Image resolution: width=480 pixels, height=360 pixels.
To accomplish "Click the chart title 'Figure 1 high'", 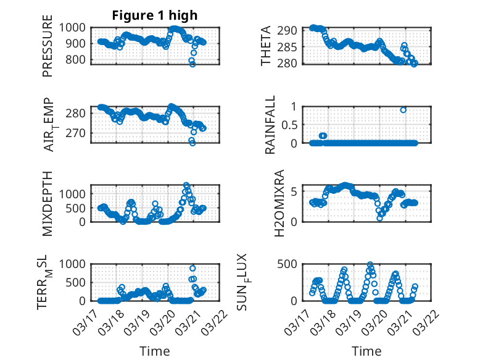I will point(154,15).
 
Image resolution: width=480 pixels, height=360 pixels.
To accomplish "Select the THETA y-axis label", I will point(266,45).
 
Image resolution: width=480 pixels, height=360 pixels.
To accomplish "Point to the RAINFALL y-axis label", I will point(270,124).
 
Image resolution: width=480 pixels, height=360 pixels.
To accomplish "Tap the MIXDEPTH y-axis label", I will point(48,203).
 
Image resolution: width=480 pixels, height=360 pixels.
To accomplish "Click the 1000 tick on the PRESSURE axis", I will point(73,27).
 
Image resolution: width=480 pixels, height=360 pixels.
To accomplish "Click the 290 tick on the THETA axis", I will point(291,30).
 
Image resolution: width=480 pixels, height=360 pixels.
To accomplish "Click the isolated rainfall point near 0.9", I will point(403,110).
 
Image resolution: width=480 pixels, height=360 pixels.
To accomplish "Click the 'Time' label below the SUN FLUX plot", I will point(366,351).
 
